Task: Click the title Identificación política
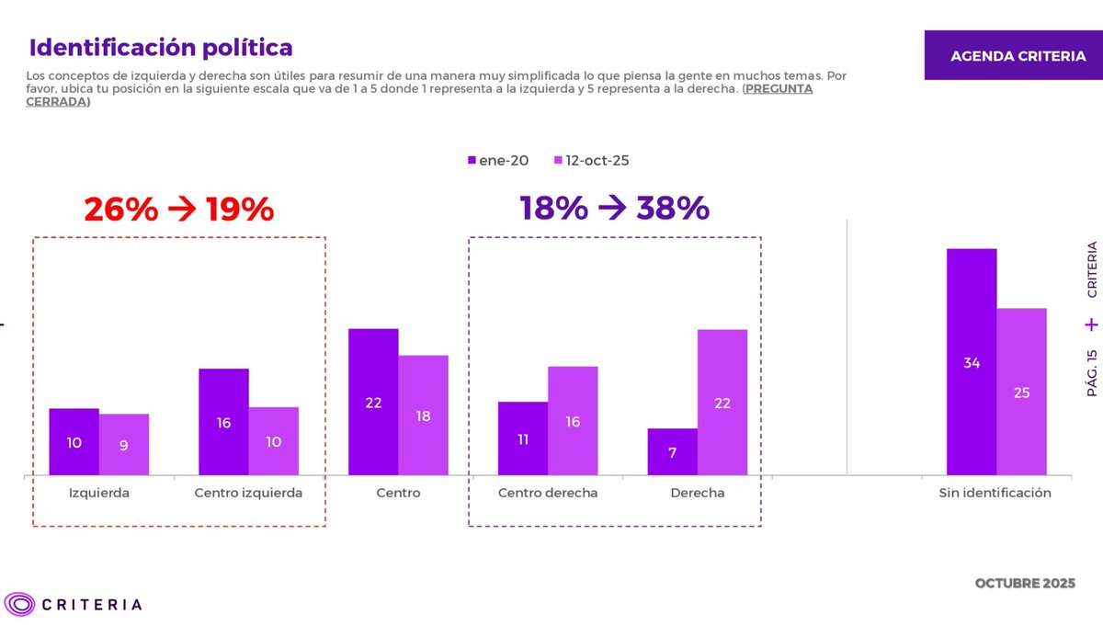click(161, 47)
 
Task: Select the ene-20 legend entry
click(498, 160)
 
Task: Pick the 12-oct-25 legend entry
click(591, 160)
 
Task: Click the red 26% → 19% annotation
click(179, 210)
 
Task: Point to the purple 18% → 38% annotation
click(614, 209)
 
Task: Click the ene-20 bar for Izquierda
click(74, 442)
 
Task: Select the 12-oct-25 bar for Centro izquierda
click(273, 441)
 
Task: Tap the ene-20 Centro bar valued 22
click(373, 402)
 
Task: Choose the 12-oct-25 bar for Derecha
click(722, 402)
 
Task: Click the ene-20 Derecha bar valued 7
click(673, 452)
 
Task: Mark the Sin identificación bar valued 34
click(972, 362)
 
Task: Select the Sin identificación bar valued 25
click(1021, 392)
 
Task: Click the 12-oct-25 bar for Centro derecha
click(573, 421)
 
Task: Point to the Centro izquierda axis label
click(248, 493)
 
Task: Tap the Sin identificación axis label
click(995, 493)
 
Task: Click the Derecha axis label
click(697, 493)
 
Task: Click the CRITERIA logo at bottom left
click(74, 604)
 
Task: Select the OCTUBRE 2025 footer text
click(1024, 585)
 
